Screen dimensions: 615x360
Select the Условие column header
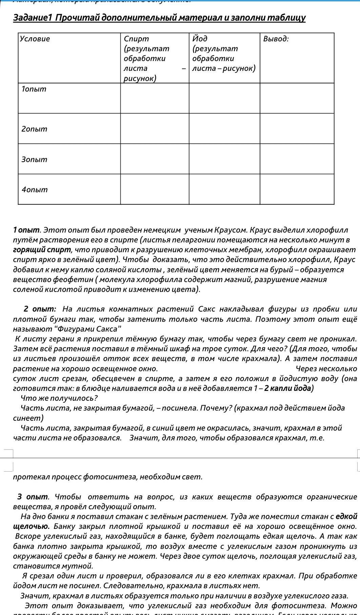35,39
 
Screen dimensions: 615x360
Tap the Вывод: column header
276,39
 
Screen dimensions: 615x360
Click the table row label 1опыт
34,89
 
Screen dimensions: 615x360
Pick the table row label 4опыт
35,190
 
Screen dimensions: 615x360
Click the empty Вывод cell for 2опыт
297,128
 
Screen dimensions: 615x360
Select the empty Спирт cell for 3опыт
155,159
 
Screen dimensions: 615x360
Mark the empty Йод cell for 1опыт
224,98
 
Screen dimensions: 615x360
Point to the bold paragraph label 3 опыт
33,497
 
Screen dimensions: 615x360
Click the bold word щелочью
31,527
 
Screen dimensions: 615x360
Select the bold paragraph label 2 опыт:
40,309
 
